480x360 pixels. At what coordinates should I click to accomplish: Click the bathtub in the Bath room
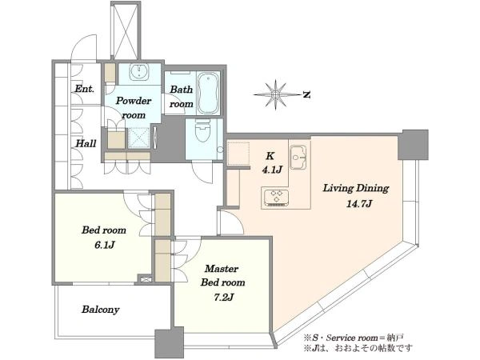209,94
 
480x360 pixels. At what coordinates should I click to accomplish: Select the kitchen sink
298,157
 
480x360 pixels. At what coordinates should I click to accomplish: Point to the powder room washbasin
139,72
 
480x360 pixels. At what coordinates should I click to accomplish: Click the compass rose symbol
276,94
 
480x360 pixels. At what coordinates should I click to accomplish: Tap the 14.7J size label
358,203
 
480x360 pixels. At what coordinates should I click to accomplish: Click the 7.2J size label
223,297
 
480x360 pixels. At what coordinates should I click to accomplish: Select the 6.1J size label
104,245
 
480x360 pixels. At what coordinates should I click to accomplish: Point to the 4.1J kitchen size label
271,170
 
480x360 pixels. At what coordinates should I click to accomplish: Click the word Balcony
101,310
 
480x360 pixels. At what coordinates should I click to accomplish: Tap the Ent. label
85,89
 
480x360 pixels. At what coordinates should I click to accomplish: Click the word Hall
86,143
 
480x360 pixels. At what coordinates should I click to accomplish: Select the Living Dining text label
356,188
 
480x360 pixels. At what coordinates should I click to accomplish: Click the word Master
222,269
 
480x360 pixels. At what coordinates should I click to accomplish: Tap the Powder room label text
134,108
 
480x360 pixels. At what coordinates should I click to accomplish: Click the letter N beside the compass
306,95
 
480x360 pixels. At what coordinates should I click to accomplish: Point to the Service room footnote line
354,338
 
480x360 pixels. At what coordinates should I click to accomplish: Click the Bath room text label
182,97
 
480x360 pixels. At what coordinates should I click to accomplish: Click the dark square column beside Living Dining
413,145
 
